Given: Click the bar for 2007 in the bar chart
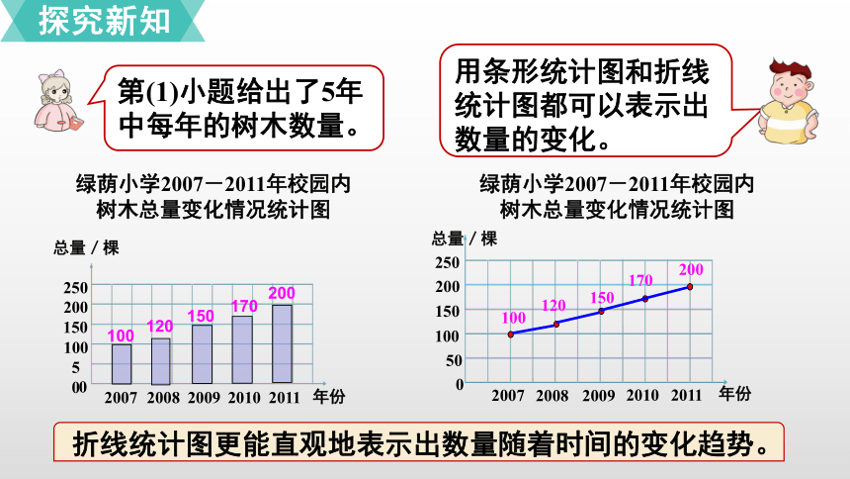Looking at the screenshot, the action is (122, 364).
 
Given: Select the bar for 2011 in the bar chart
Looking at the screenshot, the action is (282, 343).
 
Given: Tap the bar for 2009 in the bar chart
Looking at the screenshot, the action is (203, 353).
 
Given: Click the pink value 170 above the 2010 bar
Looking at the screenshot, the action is (244, 306).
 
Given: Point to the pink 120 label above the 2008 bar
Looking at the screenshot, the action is (160, 326).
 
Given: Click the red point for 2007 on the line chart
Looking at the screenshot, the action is (511, 335).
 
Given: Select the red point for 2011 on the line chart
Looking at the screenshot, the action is (690, 287).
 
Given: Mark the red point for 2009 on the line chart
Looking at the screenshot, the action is (601, 311).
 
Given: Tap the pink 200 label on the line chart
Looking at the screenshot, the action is (691, 269).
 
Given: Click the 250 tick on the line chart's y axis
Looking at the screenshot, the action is (447, 262).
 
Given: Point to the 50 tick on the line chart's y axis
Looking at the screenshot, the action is (454, 360).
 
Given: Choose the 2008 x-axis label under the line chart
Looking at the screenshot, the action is (552, 395).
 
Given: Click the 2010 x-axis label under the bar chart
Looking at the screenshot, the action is (244, 398).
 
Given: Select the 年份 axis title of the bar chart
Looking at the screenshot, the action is (329, 397).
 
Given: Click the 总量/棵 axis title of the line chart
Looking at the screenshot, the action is (465, 239).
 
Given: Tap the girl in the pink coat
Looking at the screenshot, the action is (58, 101).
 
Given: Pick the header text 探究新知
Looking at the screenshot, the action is (105, 21).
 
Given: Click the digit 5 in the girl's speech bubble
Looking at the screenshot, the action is (327, 91).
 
